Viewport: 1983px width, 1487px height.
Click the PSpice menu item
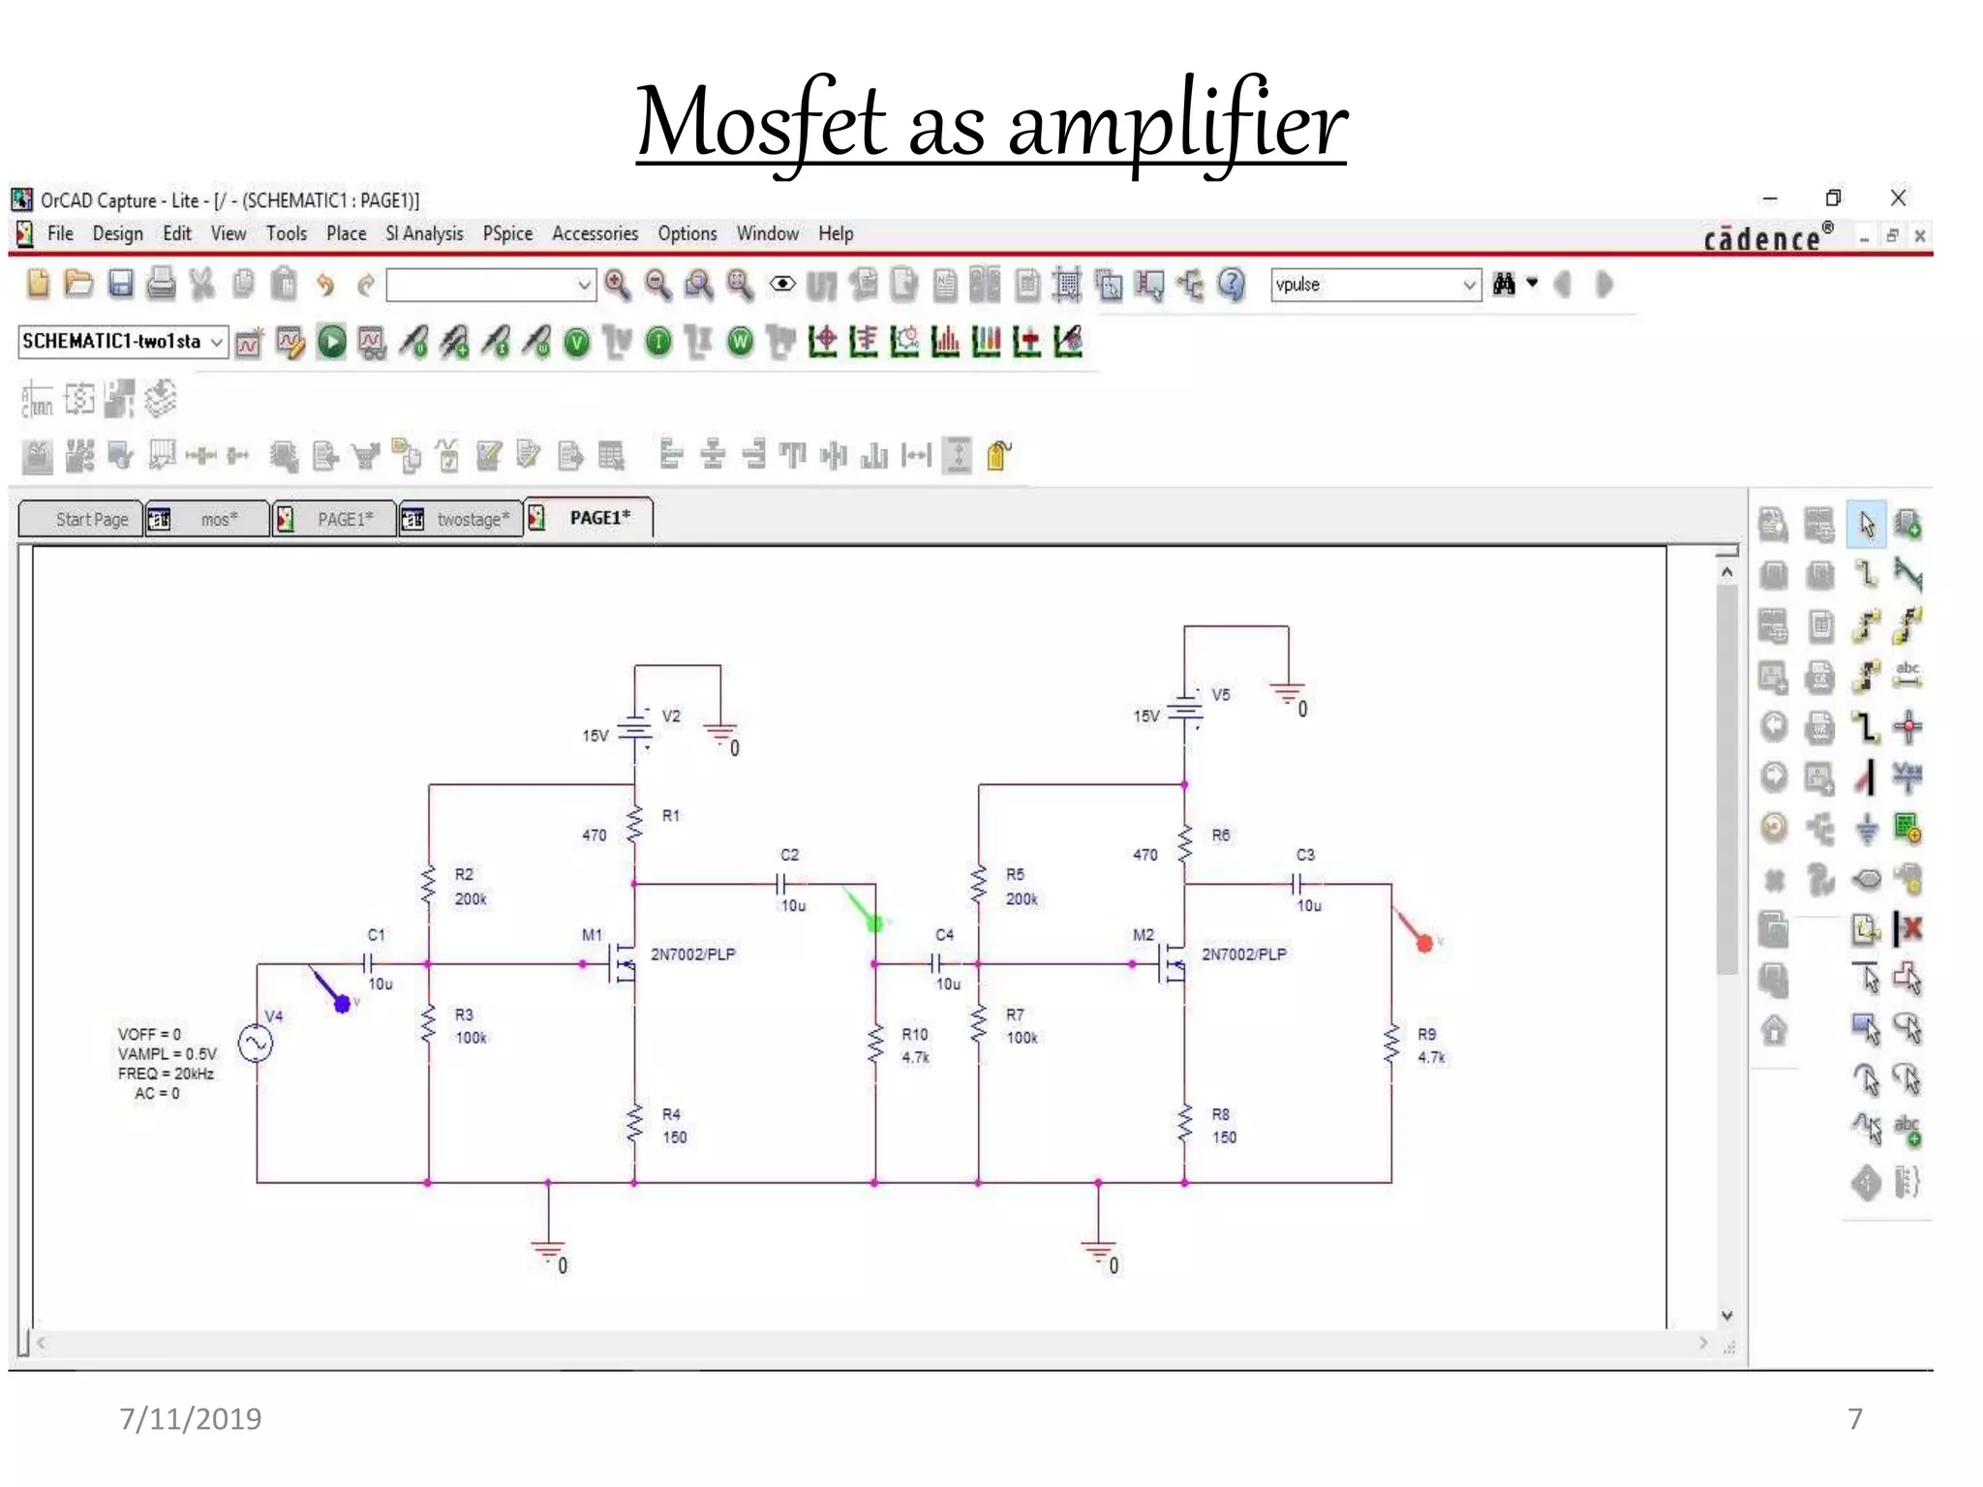click(x=507, y=233)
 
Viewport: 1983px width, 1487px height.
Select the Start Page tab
click(x=91, y=519)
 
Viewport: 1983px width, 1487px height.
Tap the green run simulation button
click(x=331, y=342)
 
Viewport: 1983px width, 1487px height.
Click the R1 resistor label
click(x=671, y=815)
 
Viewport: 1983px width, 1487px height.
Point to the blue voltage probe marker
click(x=342, y=1004)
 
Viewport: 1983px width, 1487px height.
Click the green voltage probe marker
click(x=874, y=924)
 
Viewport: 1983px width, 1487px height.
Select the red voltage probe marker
click(x=1423, y=942)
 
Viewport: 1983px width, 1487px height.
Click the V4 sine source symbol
click(x=256, y=1044)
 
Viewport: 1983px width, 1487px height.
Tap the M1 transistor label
click(x=592, y=934)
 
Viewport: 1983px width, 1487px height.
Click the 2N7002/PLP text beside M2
click(x=1244, y=954)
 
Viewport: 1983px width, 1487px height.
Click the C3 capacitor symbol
click(x=1297, y=883)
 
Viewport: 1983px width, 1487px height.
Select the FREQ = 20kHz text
click(x=166, y=1074)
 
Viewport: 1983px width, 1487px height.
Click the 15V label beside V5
click(x=1145, y=716)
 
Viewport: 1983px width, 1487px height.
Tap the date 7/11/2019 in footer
click(x=190, y=1418)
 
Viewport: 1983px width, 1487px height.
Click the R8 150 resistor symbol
click(x=1184, y=1124)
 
